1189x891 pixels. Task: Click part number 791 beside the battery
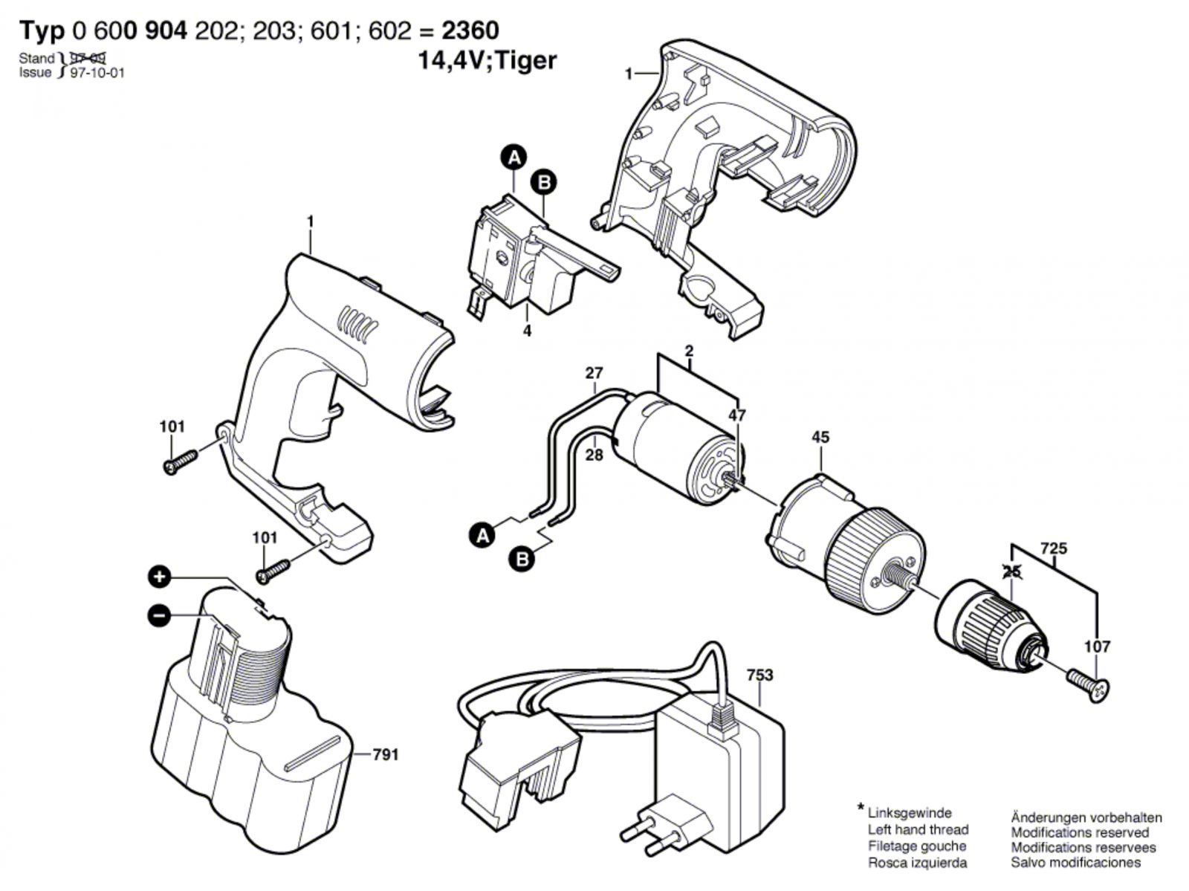tap(385, 755)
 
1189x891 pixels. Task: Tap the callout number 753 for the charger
tap(760, 675)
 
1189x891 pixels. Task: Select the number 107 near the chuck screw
tap(1098, 647)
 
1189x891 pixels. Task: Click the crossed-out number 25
tap(1011, 571)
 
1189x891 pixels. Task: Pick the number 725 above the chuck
tap(1054, 548)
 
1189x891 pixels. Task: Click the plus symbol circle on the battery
tap(160, 576)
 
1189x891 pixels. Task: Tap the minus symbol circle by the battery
tap(159, 615)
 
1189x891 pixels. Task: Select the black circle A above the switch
tap(513, 158)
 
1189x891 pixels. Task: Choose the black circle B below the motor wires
tap(523, 559)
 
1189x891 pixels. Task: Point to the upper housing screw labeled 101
tap(179, 460)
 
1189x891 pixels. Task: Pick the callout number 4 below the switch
tap(527, 331)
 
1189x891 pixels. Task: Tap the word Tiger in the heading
tap(525, 60)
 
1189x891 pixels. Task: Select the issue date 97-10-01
tap(97, 73)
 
